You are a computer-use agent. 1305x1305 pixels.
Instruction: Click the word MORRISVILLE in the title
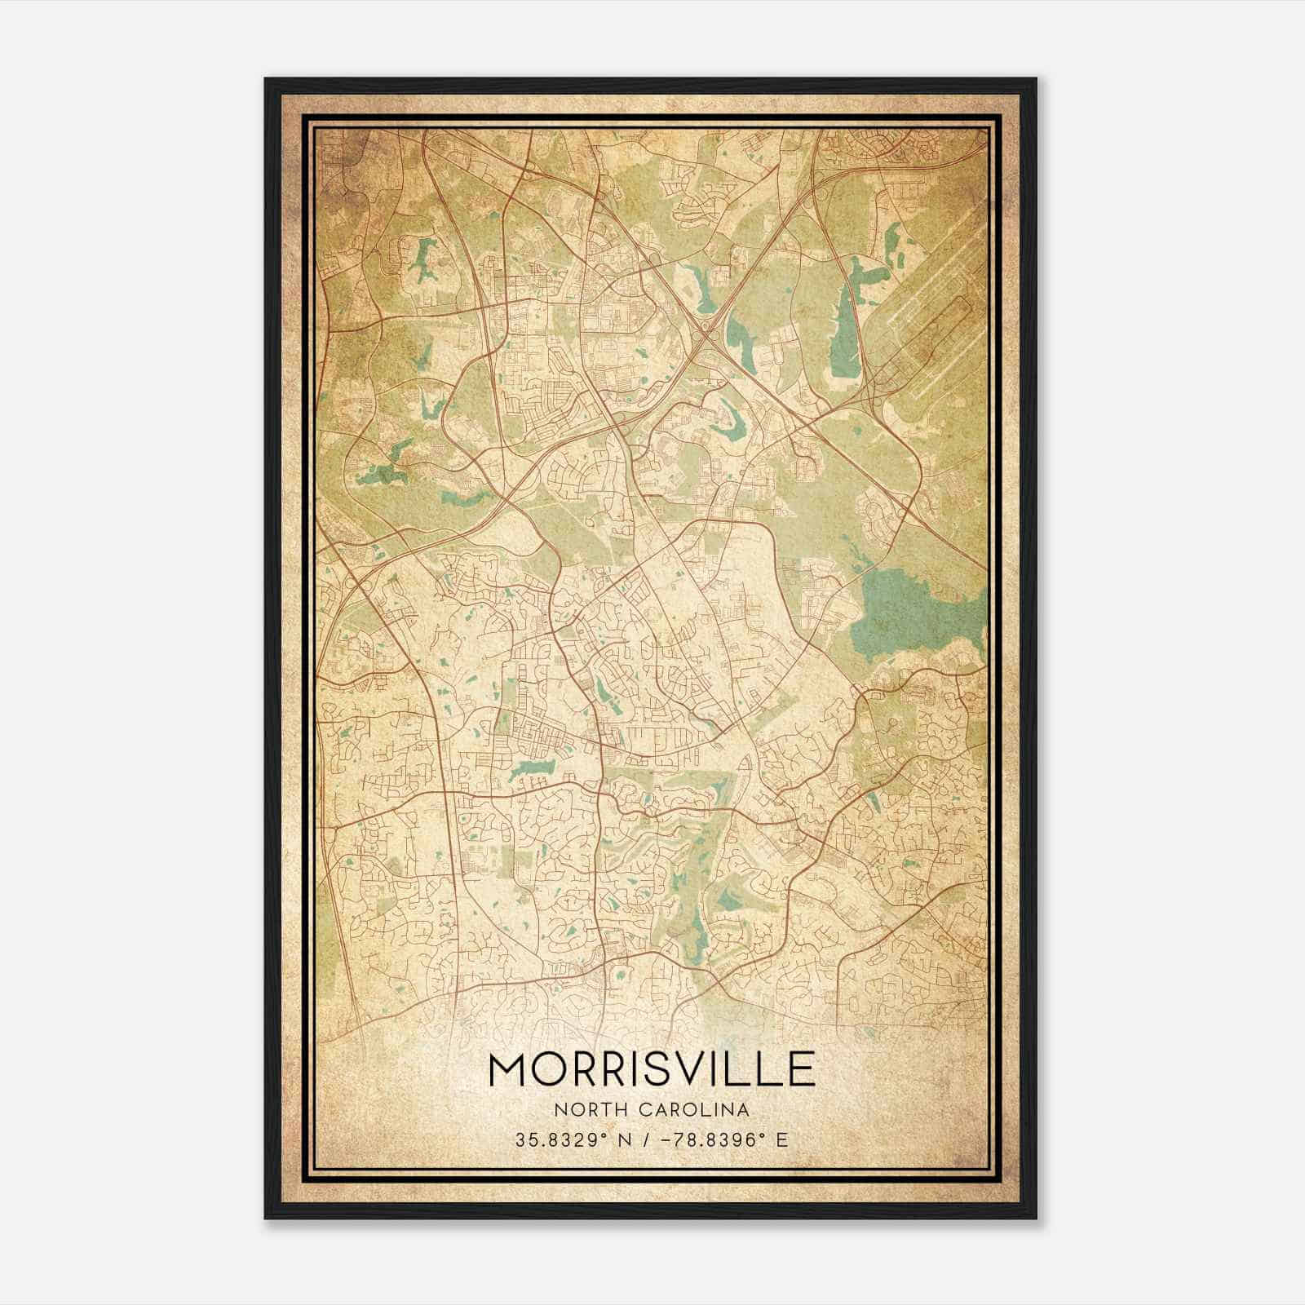tap(652, 1069)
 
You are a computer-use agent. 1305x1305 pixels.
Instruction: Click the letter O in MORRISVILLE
tap(555, 1069)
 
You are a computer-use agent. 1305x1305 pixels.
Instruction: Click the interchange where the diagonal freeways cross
tap(705, 330)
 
